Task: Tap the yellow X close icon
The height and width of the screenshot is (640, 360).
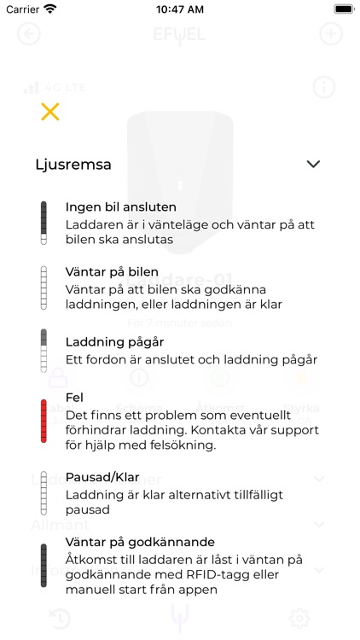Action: [50, 111]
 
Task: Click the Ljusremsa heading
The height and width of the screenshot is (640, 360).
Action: [73, 164]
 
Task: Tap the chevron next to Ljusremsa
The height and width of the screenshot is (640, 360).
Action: [313, 164]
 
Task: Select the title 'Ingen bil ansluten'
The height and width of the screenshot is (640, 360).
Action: [121, 207]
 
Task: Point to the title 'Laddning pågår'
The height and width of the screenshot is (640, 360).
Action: [115, 341]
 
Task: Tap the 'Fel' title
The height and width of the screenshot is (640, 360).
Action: [74, 398]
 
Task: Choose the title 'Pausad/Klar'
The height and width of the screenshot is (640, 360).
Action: [103, 477]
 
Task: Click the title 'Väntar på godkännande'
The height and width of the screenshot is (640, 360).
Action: [140, 542]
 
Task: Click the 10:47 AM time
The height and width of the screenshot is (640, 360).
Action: [179, 9]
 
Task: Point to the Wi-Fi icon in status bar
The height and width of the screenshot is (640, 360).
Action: [50, 9]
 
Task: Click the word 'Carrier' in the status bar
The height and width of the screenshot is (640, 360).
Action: [23, 9]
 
